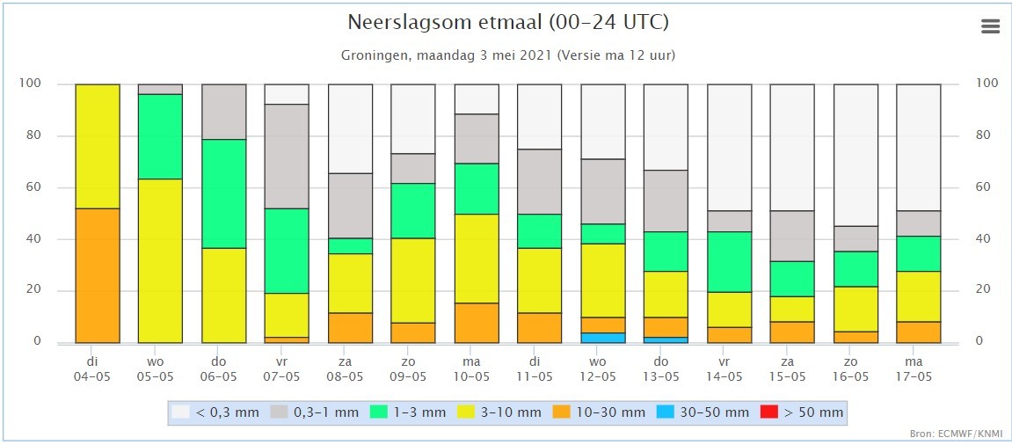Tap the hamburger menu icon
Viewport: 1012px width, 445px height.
pos(990,26)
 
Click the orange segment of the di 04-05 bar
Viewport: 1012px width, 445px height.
pos(98,275)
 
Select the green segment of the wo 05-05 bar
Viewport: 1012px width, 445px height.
pos(160,136)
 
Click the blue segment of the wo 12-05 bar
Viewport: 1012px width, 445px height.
pos(602,338)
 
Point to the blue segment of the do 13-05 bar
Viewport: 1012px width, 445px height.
pos(666,339)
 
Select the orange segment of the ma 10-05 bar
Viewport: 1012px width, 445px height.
pos(476,323)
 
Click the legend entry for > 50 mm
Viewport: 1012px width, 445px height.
pos(802,412)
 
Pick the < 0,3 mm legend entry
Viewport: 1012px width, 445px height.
pos(216,412)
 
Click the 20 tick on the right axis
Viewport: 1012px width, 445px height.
pos(987,290)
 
